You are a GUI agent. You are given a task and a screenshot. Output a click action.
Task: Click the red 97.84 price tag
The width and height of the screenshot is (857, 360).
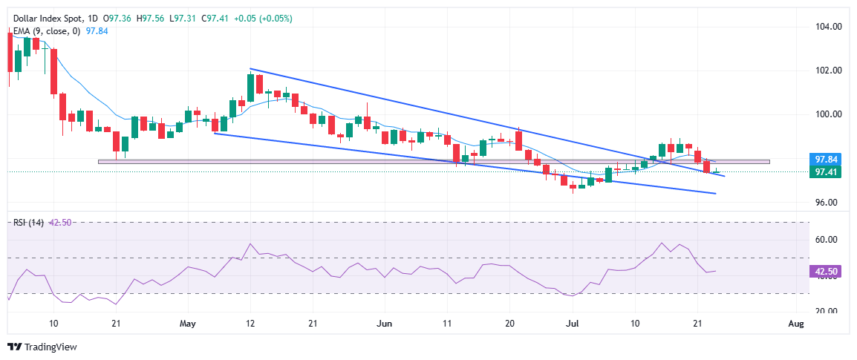pos(827,160)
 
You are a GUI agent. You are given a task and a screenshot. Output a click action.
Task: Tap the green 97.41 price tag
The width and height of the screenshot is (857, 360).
pos(827,171)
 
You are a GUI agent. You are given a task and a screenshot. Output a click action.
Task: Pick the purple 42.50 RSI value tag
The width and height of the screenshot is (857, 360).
pos(827,272)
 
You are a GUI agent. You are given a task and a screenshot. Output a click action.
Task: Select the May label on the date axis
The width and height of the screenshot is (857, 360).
pos(187,324)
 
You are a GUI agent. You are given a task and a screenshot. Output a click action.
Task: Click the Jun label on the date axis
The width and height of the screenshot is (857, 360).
pos(384,324)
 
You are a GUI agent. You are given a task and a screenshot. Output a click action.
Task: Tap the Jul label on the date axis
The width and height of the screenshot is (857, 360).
pos(572,324)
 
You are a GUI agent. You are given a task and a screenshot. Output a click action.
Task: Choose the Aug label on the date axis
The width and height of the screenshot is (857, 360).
pos(795,324)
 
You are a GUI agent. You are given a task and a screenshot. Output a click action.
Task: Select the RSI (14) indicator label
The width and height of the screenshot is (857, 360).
pos(27,222)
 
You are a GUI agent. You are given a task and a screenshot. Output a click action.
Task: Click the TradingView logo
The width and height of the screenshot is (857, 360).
pos(42,347)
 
